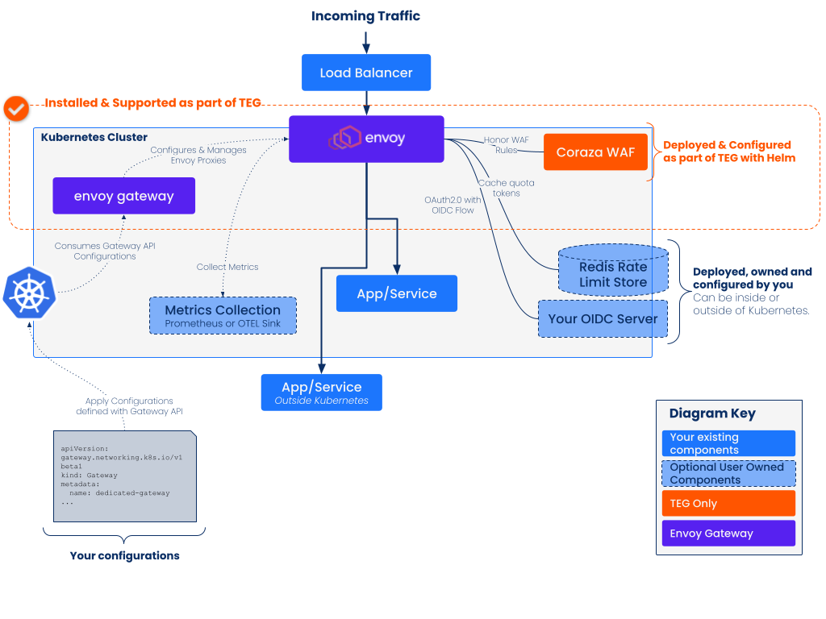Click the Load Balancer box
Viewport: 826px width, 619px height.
pyautogui.click(x=366, y=73)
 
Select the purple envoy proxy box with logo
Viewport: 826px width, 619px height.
pyautogui.click(x=366, y=139)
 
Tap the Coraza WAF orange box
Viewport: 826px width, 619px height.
pyautogui.click(x=595, y=152)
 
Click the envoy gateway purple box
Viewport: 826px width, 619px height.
pyautogui.click(x=123, y=196)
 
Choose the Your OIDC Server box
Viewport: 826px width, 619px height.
pyautogui.click(x=603, y=319)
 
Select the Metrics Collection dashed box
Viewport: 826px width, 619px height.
pyautogui.click(x=223, y=315)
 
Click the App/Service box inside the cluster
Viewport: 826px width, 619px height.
pyautogui.click(x=396, y=293)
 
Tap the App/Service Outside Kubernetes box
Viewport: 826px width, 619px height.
pyautogui.click(x=321, y=393)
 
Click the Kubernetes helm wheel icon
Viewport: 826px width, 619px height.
pyautogui.click(x=29, y=293)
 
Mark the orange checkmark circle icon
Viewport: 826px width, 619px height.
pyautogui.click(x=15, y=107)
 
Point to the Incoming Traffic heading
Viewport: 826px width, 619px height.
pyautogui.click(x=365, y=16)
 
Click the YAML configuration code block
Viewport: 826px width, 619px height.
pyautogui.click(x=124, y=476)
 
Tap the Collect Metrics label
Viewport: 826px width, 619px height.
pyautogui.click(x=227, y=267)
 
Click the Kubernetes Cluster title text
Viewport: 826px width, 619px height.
pyautogui.click(x=94, y=138)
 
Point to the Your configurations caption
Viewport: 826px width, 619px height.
pyautogui.click(x=124, y=556)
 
